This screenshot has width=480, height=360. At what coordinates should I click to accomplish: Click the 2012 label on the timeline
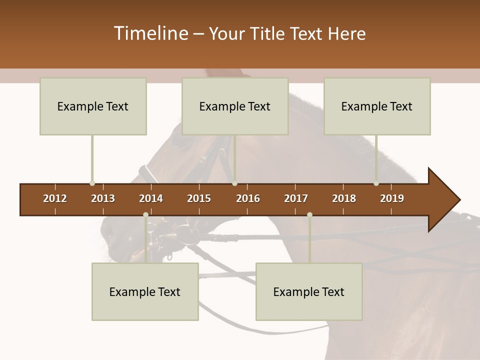click(55, 198)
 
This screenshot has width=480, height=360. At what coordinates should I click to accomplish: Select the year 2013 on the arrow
click(103, 198)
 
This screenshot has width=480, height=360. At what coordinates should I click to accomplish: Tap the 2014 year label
click(151, 198)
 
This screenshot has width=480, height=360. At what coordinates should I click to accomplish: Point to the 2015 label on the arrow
click(199, 198)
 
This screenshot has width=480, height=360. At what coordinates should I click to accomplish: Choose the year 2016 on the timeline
click(248, 198)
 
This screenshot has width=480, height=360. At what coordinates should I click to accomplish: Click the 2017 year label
click(296, 198)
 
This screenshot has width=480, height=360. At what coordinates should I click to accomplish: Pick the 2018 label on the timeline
click(344, 198)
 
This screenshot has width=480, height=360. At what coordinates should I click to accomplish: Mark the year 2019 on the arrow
click(392, 198)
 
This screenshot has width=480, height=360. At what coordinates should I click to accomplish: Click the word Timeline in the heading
click(150, 33)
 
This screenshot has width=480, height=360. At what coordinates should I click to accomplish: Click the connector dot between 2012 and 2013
click(92, 183)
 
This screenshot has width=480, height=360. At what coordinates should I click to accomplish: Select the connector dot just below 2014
click(145, 215)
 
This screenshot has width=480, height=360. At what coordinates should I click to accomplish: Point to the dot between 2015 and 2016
click(234, 183)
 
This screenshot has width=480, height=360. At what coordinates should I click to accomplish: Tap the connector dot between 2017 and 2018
click(309, 215)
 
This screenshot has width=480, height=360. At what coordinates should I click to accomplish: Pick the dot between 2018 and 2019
click(376, 183)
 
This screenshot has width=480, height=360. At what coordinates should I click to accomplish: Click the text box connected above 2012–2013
click(93, 106)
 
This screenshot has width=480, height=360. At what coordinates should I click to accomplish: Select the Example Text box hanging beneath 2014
click(145, 291)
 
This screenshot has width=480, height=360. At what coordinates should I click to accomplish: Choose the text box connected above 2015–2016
click(235, 106)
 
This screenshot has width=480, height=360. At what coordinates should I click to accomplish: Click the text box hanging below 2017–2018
click(309, 291)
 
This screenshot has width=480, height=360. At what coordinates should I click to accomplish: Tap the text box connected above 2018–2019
click(377, 106)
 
